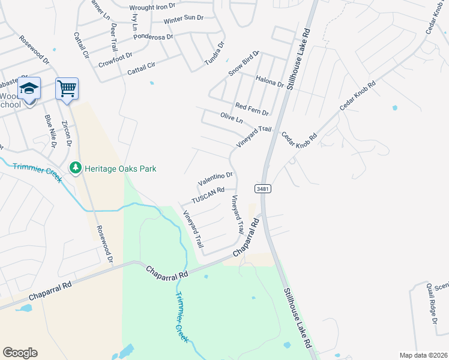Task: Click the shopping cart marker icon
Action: [x=67, y=89]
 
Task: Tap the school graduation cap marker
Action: [x=29, y=88]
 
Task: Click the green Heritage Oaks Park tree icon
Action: [x=76, y=169]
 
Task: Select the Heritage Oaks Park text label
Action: [x=120, y=169]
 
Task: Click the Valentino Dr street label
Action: [x=215, y=178]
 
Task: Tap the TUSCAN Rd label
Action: [x=208, y=195]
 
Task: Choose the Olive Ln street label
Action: [x=231, y=118]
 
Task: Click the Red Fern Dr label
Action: [x=252, y=109]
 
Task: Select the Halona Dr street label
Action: [x=270, y=81]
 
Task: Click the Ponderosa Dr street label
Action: [x=153, y=35]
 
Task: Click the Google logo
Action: [x=20, y=353]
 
